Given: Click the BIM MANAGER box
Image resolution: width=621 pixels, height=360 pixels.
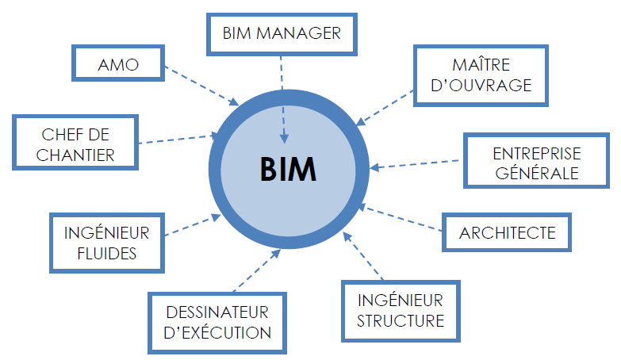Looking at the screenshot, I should pos(282,33).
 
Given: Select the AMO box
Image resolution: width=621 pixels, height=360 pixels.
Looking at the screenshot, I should pos(119,64).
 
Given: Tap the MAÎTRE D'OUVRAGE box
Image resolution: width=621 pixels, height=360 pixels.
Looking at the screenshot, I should pos(481,75).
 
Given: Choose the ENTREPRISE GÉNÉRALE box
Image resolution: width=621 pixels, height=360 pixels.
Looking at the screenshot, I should pos(536,163).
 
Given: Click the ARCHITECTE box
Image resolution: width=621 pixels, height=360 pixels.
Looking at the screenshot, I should pos(508,233).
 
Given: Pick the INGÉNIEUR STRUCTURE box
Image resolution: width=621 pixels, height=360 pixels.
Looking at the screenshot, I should pos(401,310).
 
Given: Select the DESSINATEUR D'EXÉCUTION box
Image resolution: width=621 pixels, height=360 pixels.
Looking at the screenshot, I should pos(217,322).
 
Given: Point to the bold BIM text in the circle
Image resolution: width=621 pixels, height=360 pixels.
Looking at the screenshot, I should pos(289,170).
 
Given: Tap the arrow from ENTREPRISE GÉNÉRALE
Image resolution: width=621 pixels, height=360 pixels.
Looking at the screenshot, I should pos(416,164).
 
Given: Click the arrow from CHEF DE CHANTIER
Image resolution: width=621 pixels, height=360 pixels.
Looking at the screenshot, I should pos(178,139).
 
